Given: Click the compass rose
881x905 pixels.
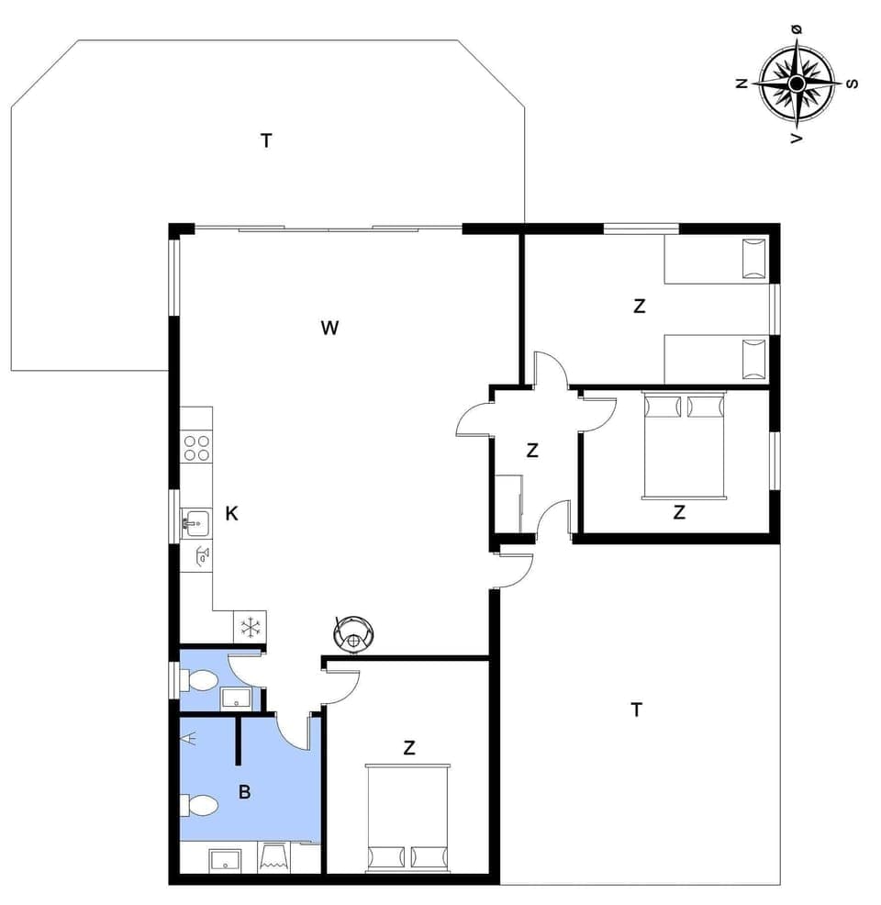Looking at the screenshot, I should point(796,84).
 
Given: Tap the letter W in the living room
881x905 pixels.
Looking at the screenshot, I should point(330,328).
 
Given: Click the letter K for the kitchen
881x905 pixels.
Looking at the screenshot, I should point(232,514).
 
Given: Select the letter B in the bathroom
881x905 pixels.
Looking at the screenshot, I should point(244,792).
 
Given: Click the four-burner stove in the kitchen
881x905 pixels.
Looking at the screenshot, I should point(195,448).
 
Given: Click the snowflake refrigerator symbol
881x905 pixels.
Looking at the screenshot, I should point(250,628).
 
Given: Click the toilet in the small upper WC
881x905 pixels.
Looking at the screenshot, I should point(200,681).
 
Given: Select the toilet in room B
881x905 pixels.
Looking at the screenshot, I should point(200,807).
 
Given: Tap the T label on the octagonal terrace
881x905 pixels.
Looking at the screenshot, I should point(266,140).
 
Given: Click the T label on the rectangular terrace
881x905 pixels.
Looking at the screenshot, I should point(636,709).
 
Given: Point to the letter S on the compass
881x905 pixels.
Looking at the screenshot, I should point(852,84).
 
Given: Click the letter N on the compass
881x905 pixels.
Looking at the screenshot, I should point(741,83).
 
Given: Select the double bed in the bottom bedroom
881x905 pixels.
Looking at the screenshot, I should point(409,817).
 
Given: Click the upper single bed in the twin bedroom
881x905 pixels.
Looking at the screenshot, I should point(716,260).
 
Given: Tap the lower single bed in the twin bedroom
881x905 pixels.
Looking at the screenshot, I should point(716,358).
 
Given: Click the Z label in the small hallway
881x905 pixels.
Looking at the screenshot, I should point(532,451).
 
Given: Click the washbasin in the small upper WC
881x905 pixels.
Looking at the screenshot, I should point(236,698).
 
